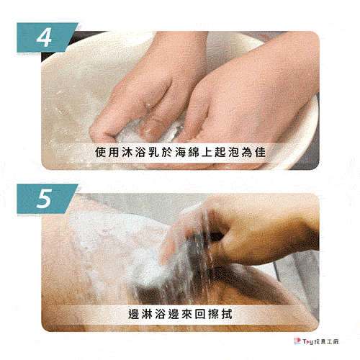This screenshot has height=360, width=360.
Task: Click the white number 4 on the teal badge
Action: (44, 37)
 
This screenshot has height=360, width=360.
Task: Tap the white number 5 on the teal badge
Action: (45, 198)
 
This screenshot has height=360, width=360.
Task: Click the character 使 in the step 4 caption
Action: (100, 152)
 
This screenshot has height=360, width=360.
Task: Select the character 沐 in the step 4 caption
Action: (127, 152)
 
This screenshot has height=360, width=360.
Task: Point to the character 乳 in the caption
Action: (154, 152)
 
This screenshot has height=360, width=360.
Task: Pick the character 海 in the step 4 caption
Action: (181, 152)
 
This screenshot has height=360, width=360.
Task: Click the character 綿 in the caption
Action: (194, 152)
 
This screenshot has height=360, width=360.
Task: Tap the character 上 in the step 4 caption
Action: (207, 152)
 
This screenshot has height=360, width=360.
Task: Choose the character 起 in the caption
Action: (220, 152)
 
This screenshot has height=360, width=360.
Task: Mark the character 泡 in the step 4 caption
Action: (234, 152)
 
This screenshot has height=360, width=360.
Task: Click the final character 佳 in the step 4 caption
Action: (261, 152)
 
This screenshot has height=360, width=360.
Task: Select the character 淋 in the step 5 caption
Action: (147, 314)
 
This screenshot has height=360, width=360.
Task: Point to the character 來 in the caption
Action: (187, 314)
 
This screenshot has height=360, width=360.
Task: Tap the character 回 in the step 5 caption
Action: (200, 314)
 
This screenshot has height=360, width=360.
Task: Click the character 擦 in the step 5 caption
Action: (214, 314)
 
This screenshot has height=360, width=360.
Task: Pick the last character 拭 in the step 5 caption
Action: (227, 314)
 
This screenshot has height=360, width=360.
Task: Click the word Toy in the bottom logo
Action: (308, 342)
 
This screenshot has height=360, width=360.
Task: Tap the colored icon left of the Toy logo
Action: (297, 341)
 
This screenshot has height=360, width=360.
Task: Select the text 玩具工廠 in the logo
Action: (326, 341)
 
